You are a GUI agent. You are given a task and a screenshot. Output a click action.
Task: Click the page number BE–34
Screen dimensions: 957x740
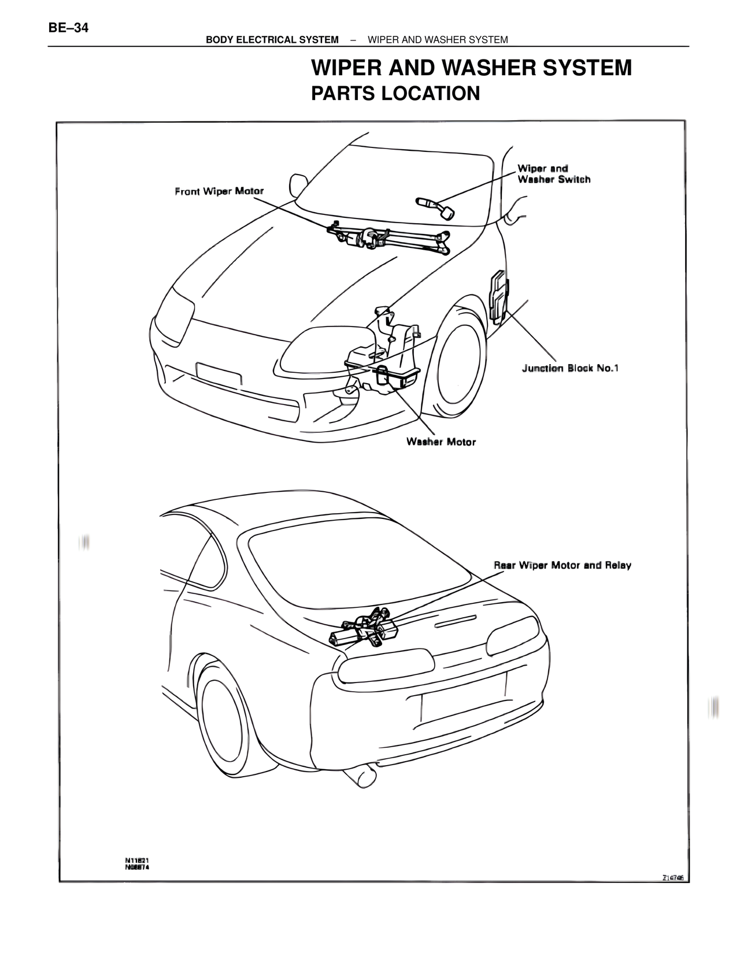click(x=69, y=27)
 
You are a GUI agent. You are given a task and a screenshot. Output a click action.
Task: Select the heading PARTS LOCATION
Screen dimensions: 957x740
click(x=395, y=93)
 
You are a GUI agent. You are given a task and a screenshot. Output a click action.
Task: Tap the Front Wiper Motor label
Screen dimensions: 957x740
click(x=219, y=191)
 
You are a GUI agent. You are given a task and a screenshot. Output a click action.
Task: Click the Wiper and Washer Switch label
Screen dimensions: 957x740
click(x=553, y=174)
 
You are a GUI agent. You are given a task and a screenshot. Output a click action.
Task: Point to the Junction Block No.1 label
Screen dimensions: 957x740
click(x=570, y=368)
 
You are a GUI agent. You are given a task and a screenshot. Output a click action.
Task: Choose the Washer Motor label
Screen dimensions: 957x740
click(x=441, y=442)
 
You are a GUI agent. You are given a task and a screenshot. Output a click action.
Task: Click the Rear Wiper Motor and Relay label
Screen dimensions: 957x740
click(x=562, y=565)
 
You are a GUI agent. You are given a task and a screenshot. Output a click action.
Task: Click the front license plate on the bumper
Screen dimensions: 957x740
click(x=219, y=373)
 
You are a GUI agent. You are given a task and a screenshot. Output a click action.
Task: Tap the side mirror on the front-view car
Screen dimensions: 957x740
click(x=299, y=184)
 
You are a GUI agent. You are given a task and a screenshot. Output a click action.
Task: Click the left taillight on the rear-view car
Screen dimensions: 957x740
click(x=386, y=666)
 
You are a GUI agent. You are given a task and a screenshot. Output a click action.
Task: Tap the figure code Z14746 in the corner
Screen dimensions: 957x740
click(x=674, y=877)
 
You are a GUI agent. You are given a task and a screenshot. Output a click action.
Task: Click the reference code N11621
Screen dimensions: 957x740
click(x=138, y=860)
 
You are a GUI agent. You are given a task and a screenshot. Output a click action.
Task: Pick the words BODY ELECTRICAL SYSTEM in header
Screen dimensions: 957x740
click(x=272, y=40)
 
